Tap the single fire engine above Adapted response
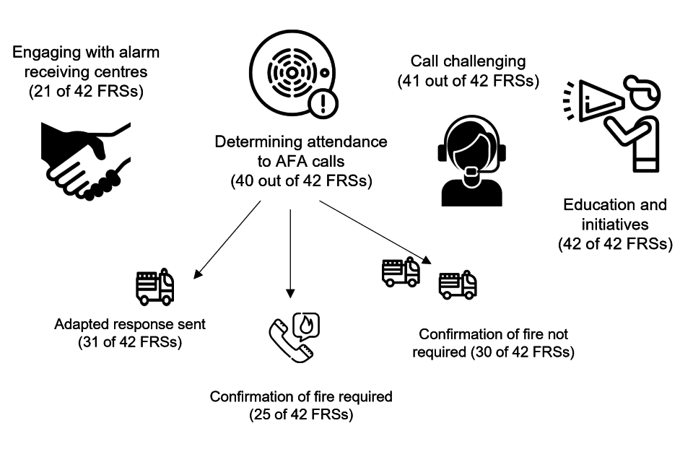[x=155, y=287]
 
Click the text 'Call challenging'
[x=468, y=61]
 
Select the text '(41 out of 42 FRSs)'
[x=468, y=81]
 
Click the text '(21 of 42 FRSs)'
[x=85, y=92]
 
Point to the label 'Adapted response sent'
[x=130, y=324]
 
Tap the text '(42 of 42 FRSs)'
[x=615, y=244]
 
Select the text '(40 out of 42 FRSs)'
[x=301, y=181]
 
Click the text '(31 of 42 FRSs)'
[x=130, y=342]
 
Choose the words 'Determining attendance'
[x=301, y=141]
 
